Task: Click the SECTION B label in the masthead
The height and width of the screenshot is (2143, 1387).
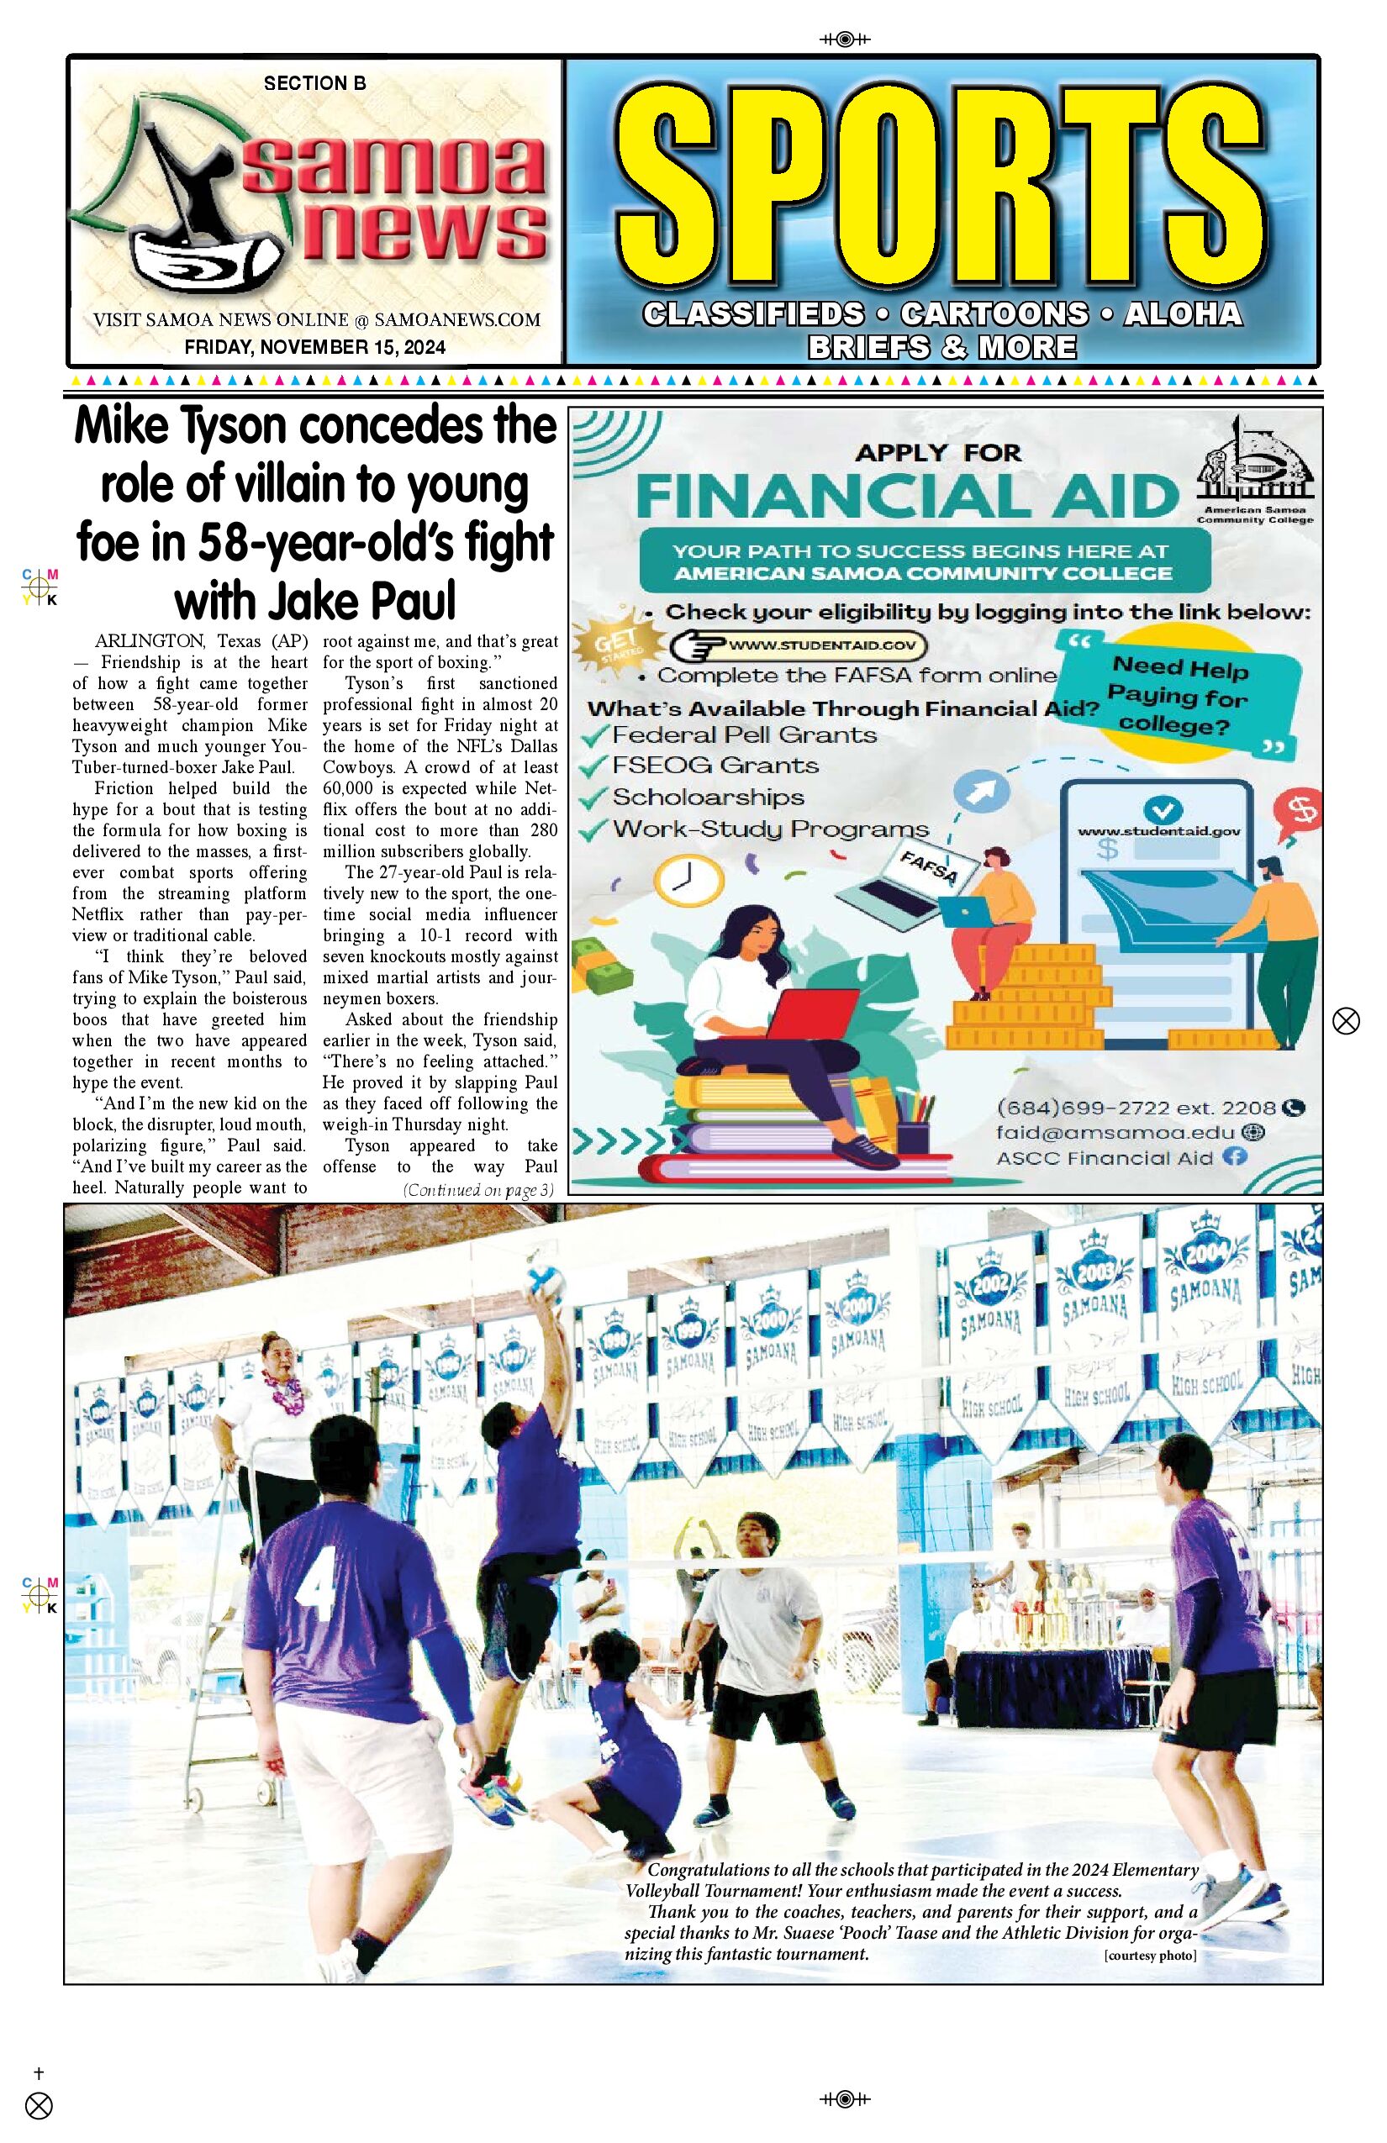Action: click(314, 83)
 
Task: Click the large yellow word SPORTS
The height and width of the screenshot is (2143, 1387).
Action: click(941, 186)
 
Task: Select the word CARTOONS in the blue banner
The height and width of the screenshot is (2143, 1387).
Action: click(994, 313)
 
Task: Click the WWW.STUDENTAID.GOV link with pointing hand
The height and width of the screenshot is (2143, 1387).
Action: click(799, 645)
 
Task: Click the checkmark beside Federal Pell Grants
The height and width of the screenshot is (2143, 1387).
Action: click(594, 735)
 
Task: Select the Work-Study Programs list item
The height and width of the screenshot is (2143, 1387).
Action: click(770, 829)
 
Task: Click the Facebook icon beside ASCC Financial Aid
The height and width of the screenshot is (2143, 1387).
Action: click(1236, 1157)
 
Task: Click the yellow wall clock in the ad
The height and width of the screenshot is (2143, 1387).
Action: click(688, 881)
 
